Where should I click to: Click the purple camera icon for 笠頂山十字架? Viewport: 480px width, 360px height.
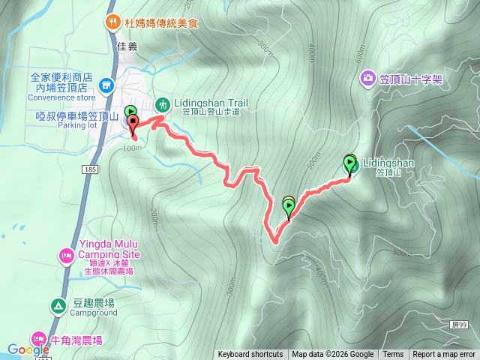[367, 77]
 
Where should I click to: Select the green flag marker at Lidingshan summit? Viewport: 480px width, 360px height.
[350, 163]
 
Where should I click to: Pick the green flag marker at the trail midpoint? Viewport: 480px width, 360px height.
[289, 206]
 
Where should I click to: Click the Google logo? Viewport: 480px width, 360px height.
[28, 349]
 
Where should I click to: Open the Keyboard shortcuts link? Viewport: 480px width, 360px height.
[250, 355]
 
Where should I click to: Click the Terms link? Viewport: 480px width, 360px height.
[393, 355]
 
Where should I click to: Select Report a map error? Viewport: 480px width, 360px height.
[444, 355]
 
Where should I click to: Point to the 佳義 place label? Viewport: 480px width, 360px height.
[128, 45]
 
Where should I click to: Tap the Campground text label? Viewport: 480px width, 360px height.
[94, 314]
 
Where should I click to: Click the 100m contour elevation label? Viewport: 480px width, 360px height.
[130, 148]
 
